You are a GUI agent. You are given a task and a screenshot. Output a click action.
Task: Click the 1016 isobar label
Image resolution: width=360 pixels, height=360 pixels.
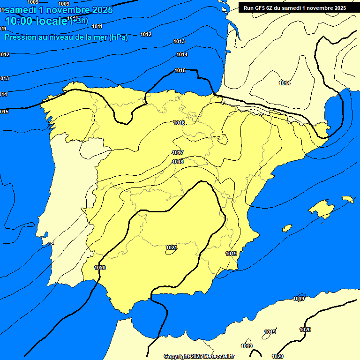(x=179, y=123)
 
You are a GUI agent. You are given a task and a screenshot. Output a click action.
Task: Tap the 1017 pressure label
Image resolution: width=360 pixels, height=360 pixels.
(x=178, y=152)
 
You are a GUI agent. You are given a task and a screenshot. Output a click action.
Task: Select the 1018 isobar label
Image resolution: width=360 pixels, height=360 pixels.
(x=178, y=162)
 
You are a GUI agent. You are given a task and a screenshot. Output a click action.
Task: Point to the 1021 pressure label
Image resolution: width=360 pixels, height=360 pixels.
(x=171, y=247)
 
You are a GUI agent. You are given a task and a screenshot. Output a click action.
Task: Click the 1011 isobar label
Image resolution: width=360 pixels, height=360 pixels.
(x=97, y=40)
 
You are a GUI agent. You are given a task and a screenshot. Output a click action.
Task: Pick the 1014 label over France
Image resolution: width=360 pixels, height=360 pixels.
(x=285, y=83)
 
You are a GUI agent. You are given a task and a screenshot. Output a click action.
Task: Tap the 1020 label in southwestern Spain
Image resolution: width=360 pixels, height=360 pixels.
(x=100, y=268)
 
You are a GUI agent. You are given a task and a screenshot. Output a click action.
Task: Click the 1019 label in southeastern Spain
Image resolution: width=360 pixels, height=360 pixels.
(x=231, y=254)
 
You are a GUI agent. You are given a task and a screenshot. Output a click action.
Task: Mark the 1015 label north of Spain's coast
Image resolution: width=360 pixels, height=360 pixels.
(x=180, y=71)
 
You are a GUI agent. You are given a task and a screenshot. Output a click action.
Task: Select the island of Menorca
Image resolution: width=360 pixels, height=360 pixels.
(x=348, y=199)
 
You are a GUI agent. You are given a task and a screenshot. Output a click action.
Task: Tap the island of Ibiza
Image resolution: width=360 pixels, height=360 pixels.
(x=287, y=228)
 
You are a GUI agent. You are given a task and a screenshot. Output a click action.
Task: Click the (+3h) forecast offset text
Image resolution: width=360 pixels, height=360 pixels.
(x=79, y=20)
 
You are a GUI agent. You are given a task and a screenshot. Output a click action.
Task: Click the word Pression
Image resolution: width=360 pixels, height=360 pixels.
(x=20, y=37)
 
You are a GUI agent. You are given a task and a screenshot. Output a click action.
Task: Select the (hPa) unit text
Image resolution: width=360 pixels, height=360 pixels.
(x=118, y=37)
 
